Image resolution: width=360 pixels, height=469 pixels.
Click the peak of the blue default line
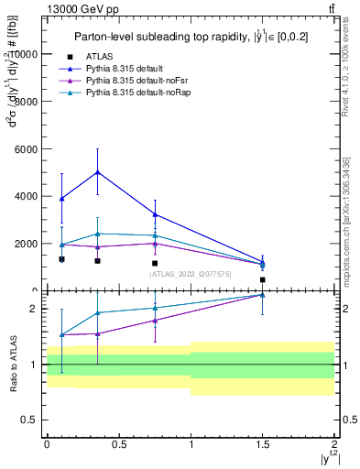click(97, 172)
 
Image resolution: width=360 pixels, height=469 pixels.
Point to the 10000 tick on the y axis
click(26, 54)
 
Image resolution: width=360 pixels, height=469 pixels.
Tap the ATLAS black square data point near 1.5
click(263, 279)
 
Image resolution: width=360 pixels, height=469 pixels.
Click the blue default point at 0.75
click(155, 214)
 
